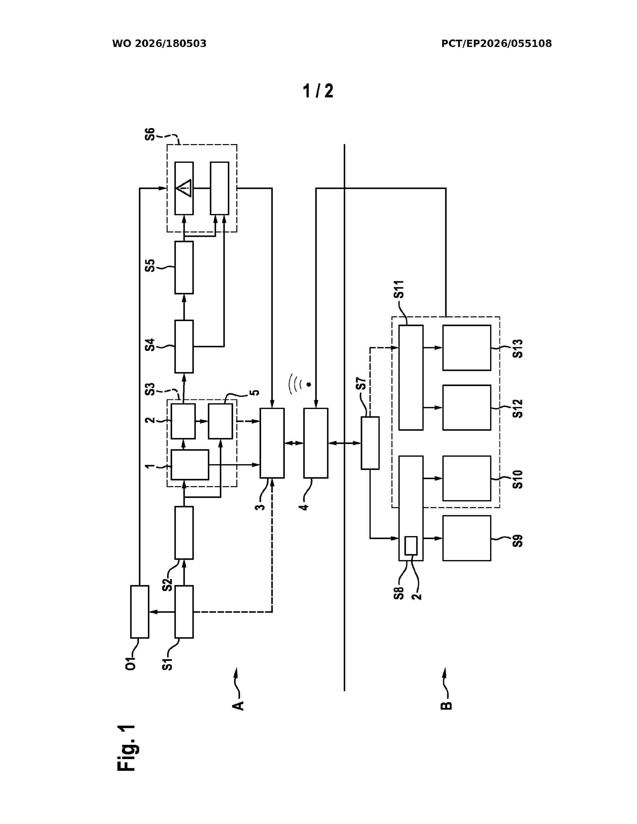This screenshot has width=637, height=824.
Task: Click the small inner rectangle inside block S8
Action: (x=411, y=546)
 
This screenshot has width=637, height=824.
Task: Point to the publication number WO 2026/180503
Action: (x=159, y=44)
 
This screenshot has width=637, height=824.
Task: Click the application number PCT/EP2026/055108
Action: (x=497, y=44)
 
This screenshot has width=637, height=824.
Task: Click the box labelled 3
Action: (x=272, y=443)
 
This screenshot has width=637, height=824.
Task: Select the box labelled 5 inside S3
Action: (x=220, y=421)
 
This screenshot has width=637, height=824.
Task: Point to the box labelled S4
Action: (x=184, y=346)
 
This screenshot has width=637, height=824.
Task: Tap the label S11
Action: (x=399, y=289)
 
